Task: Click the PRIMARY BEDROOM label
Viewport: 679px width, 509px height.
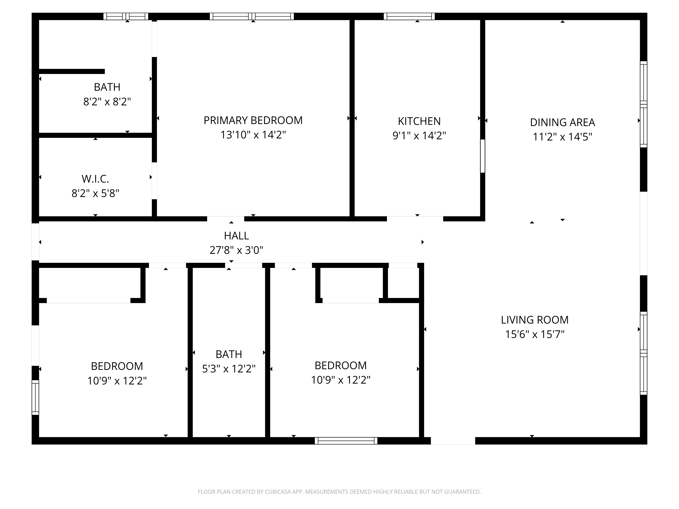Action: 253,120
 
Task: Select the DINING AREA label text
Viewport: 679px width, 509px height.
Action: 562,122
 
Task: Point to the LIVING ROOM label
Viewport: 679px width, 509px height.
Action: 535,320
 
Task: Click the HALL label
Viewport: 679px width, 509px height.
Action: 236,236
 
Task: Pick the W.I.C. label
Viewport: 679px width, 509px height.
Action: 95,179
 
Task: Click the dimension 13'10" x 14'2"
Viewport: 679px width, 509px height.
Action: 253,135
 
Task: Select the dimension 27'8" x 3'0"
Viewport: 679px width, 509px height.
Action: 236,250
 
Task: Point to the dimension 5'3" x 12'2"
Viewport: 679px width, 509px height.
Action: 229,369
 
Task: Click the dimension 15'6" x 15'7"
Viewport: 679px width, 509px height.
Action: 535,334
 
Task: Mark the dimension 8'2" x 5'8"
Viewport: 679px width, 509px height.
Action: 95,193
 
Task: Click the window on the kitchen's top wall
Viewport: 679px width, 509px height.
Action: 409,16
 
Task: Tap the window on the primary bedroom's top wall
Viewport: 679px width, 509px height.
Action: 252,16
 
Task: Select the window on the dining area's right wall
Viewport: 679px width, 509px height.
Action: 643,104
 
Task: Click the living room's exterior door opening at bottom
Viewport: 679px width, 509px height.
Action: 453,441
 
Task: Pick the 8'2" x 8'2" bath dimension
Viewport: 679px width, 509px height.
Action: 107,102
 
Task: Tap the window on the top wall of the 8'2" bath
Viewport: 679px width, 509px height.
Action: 126,16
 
